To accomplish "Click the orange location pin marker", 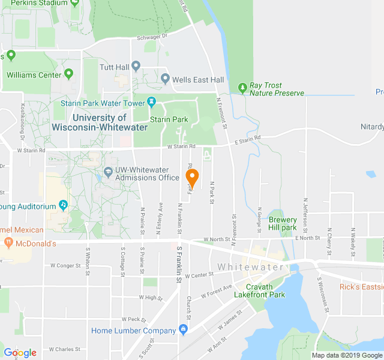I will pos(192,178).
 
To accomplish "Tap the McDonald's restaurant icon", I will pos(8,243).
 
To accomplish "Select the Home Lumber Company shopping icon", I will pos(183,329).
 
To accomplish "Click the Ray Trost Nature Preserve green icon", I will pos(242,88).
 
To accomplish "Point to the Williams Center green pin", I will pos(68,74).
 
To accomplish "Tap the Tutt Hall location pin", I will pos(136,66).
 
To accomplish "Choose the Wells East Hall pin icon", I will pos(165,79).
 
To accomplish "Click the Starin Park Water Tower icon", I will pos(152,103).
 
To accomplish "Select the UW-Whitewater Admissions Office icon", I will pos(108,172).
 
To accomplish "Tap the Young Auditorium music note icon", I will pos(64,205).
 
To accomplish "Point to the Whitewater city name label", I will pos(247,266).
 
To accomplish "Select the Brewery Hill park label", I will pos(283,224).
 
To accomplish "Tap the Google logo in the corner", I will pos(20,353).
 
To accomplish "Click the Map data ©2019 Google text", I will pos(346,355).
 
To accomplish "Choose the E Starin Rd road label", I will pos(247,140).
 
